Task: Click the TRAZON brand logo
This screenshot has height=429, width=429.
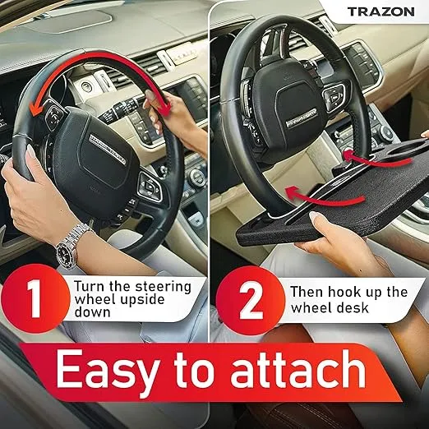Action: (381, 12)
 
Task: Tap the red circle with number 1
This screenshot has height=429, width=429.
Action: (35, 299)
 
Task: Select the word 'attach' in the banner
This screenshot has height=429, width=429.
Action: (298, 367)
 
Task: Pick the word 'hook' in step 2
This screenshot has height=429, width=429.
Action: (344, 292)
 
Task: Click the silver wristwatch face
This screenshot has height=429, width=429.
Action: (66, 253)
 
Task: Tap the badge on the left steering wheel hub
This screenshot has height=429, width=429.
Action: (108, 150)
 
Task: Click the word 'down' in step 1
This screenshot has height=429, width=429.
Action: (92, 312)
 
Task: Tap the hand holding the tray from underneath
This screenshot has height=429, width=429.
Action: (337, 241)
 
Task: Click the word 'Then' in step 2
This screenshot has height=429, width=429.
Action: (307, 292)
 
